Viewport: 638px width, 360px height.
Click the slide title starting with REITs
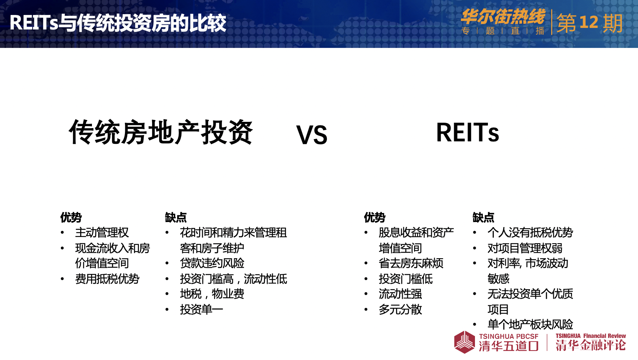[x=118, y=23]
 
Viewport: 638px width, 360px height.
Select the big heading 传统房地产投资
[x=161, y=132]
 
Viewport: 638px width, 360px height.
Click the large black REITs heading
[x=467, y=132]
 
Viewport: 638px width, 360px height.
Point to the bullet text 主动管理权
[x=102, y=233]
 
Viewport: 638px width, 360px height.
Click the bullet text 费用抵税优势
[x=107, y=279]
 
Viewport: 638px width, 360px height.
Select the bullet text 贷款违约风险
[x=212, y=263]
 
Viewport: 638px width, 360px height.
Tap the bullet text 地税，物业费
[x=212, y=294]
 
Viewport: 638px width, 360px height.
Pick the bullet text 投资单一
[x=202, y=309]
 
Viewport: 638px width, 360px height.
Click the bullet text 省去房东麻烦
[x=411, y=263]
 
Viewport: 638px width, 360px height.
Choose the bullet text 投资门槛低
[x=405, y=279]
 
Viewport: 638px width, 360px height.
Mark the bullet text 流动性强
[x=400, y=294]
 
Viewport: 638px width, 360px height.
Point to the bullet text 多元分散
[x=400, y=309]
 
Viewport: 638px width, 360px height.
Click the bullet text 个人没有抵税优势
[x=530, y=233]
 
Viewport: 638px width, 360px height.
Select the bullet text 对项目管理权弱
[x=525, y=248]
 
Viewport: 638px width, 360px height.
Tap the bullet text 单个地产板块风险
[x=530, y=324]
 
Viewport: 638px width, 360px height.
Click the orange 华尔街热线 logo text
[x=503, y=17]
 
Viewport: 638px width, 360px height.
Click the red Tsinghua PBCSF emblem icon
[x=464, y=342]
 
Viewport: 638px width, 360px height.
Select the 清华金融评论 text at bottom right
[x=590, y=345]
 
